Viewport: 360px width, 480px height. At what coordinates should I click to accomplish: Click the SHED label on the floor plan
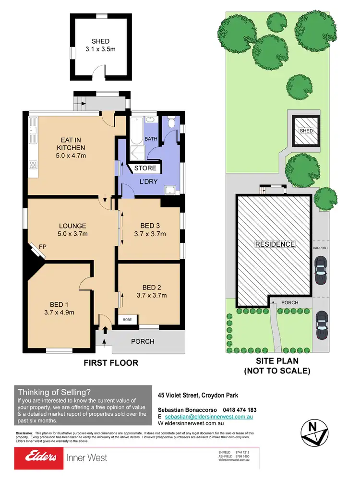pyautogui.click(x=100, y=41)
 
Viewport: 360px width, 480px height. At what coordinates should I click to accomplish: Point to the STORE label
pyautogui.click(x=145, y=168)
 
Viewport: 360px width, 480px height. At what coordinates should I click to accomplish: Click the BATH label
pyautogui.click(x=152, y=139)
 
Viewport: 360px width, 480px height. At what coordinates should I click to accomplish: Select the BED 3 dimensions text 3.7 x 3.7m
pyautogui.click(x=150, y=234)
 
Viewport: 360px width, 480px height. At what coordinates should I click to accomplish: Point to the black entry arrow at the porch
pyautogui.click(x=105, y=331)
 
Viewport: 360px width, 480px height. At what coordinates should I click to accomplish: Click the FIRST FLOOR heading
pyautogui.click(x=111, y=363)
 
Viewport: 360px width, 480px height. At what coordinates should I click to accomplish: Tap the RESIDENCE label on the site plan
pyautogui.click(x=275, y=244)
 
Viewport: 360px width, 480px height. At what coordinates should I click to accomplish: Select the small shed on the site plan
pyautogui.click(x=306, y=131)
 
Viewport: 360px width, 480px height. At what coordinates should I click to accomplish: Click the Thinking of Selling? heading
pyautogui.click(x=54, y=392)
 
